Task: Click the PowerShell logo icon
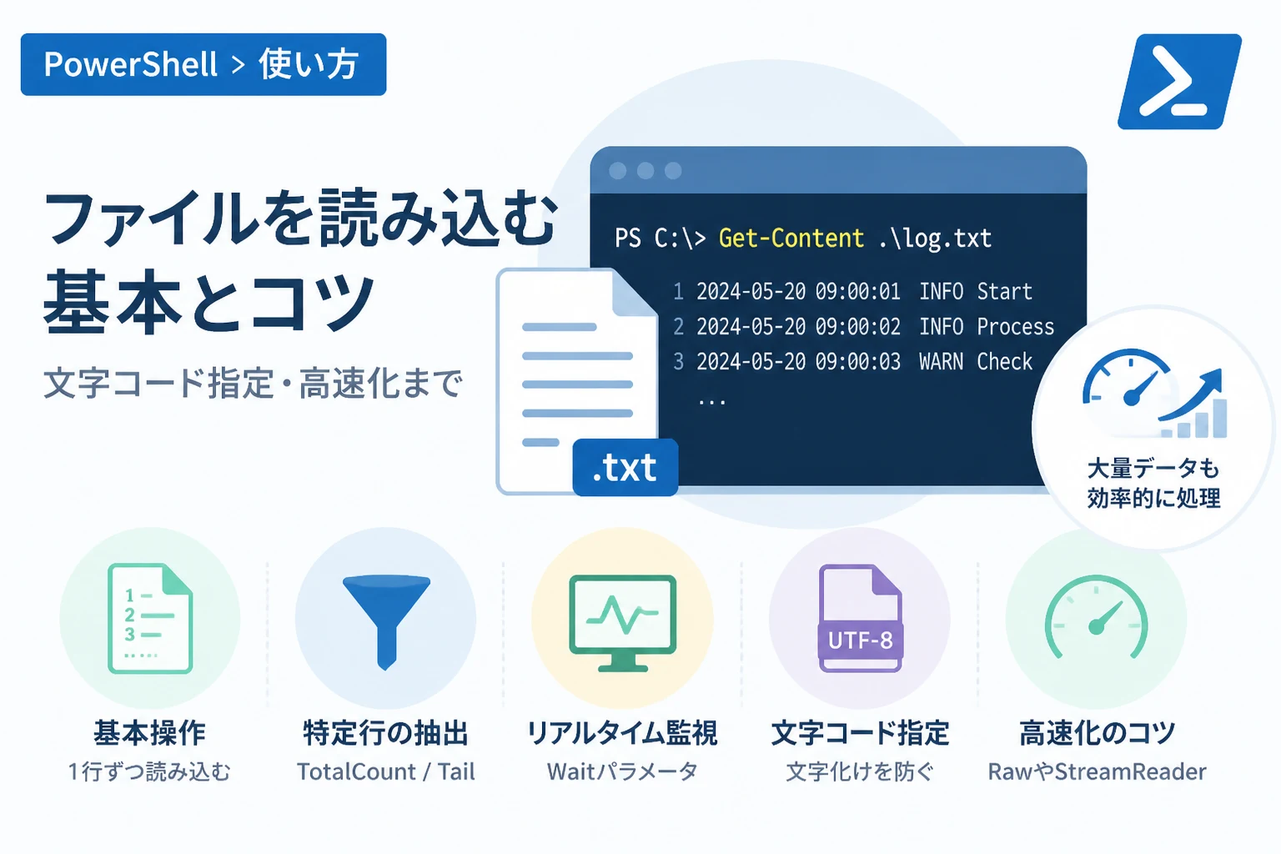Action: pos(1179,81)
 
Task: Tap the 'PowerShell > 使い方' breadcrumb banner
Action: pos(203,64)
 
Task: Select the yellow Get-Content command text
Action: pos(791,238)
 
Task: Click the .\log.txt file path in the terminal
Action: pos(935,239)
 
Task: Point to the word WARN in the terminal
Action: pos(941,361)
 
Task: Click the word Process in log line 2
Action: pos(1015,327)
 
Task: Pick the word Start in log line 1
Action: pos(1004,292)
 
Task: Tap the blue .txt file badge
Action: pos(625,467)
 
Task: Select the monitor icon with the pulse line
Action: pos(623,623)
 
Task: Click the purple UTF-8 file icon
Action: pos(860,618)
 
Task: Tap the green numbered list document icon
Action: pos(150,618)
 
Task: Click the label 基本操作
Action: pos(150,733)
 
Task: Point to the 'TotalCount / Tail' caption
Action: pos(386,771)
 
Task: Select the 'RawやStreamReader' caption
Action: pos(1097,771)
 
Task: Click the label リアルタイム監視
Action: pos(622,733)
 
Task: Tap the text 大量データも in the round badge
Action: pos(1153,469)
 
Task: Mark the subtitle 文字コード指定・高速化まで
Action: pos(253,383)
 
